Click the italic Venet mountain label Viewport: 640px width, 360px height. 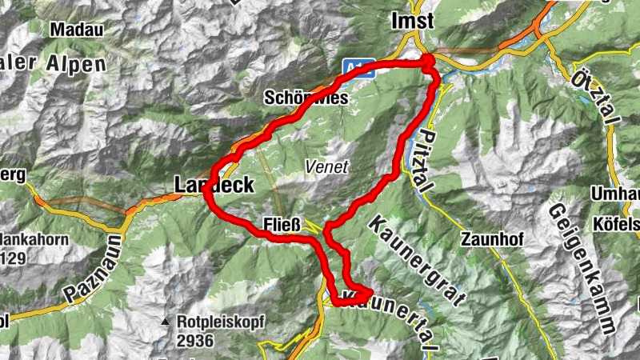coord(326,167)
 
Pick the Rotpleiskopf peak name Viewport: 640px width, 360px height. coord(218,322)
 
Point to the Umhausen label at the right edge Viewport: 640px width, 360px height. coord(616,194)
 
